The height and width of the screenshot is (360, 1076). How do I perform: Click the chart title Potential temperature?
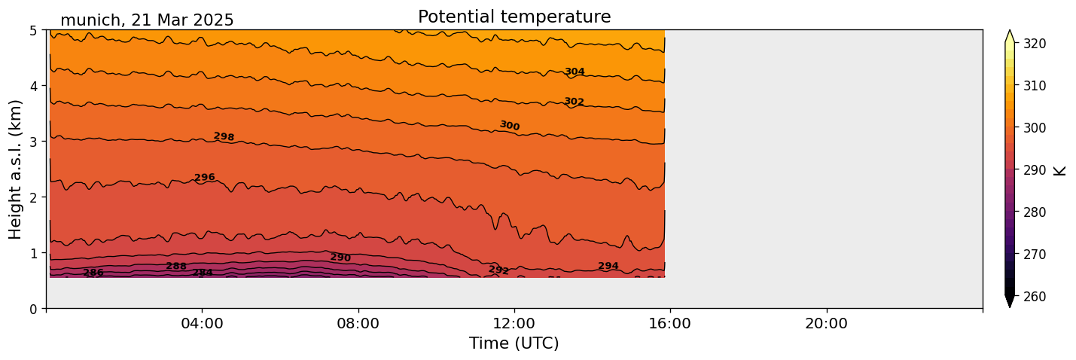click(x=514, y=17)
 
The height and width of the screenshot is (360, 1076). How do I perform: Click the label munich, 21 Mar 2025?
click(x=147, y=20)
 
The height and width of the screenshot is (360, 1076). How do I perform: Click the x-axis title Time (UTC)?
click(x=514, y=343)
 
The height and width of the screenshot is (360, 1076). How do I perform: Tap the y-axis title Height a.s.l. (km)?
click(x=16, y=169)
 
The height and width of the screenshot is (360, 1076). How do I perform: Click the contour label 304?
click(x=575, y=72)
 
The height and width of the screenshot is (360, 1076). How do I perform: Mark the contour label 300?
click(x=510, y=126)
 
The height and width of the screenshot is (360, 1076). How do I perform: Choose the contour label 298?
click(x=224, y=137)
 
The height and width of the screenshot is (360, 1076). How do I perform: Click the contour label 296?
click(x=205, y=178)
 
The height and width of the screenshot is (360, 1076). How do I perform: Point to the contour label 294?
click(x=608, y=266)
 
